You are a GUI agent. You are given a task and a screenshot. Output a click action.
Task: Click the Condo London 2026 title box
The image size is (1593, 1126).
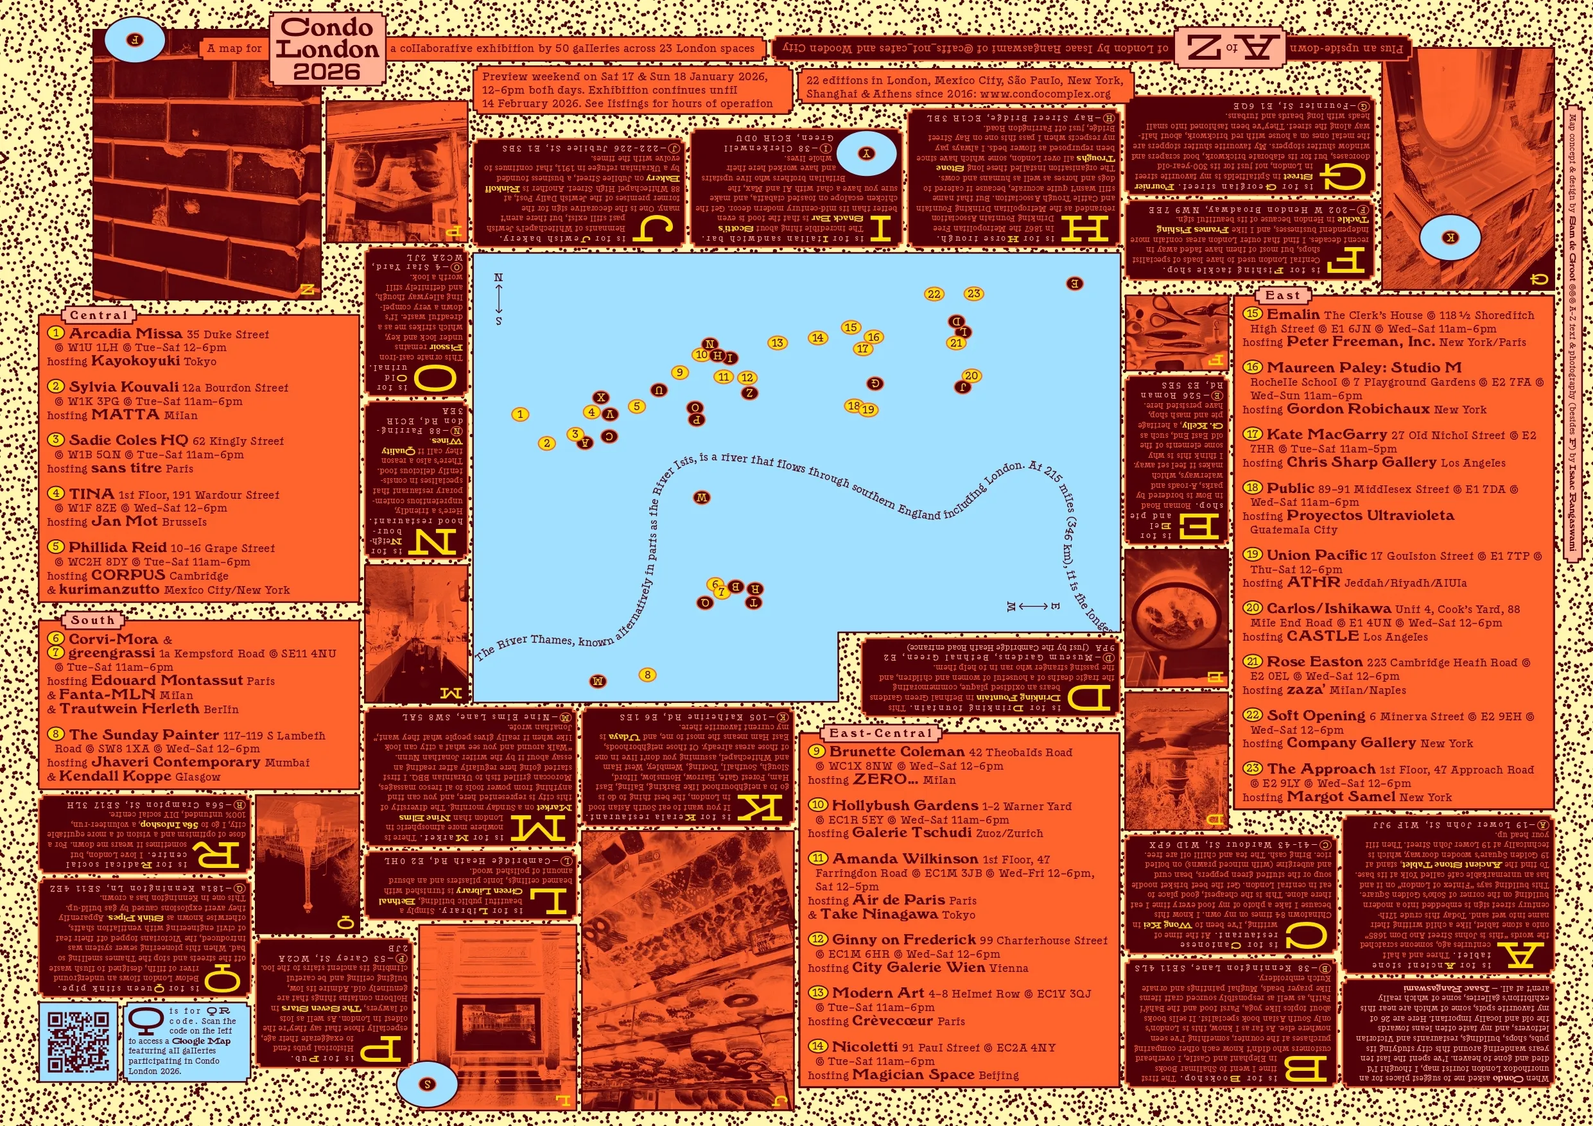(x=327, y=49)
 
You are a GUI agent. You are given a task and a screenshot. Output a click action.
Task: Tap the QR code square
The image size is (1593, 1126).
(x=78, y=1041)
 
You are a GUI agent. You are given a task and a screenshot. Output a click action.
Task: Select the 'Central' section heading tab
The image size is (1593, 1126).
(x=98, y=316)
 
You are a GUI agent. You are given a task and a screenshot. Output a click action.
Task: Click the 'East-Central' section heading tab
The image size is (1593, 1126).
(x=880, y=733)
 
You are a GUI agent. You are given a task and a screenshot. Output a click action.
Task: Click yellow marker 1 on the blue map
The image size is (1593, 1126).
(x=519, y=414)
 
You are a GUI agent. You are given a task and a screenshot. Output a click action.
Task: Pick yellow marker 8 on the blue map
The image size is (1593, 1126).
(x=647, y=674)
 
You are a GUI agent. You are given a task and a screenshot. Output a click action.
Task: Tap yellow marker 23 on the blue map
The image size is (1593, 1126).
(x=973, y=293)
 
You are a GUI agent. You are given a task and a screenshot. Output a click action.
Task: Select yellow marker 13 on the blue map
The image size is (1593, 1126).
(x=777, y=343)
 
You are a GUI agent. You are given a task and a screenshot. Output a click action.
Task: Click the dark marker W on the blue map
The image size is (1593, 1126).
(x=701, y=498)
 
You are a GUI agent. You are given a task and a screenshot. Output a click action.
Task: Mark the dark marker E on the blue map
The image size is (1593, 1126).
(x=1074, y=283)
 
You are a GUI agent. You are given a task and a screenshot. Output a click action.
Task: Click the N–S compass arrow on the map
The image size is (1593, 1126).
(x=498, y=299)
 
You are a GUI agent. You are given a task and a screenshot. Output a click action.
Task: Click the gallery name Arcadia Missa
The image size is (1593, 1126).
(x=126, y=334)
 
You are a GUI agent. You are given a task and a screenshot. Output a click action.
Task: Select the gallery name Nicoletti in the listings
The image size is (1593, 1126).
(x=864, y=1046)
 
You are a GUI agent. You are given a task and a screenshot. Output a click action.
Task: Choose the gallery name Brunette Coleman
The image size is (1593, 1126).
(x=896, y=751)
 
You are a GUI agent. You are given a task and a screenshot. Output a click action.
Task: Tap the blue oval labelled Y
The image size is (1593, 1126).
(x=866, y=154)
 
